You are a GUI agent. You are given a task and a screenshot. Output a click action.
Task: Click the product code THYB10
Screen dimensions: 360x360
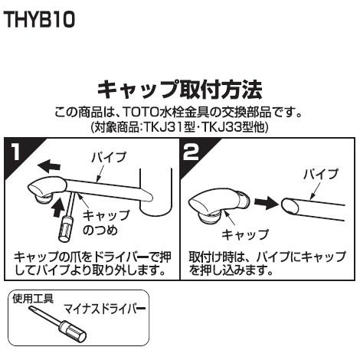[40, 21]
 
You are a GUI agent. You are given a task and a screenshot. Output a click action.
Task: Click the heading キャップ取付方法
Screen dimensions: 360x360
[180, 89]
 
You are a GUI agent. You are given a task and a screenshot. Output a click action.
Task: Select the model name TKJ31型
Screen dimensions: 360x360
[159, 126]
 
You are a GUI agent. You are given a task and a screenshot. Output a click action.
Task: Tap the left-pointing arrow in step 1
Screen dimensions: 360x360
[51, 163]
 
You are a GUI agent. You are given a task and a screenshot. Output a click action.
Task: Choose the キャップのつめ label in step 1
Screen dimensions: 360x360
[100, 222]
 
